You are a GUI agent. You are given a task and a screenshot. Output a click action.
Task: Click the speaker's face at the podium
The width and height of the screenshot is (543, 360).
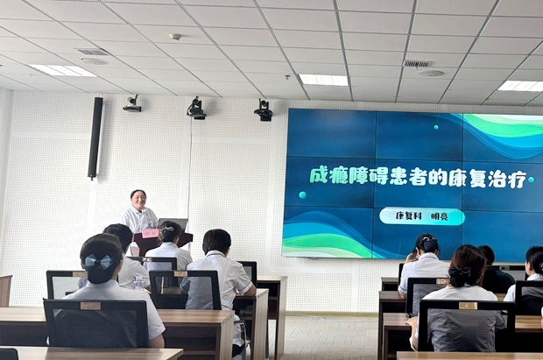coord(139,201)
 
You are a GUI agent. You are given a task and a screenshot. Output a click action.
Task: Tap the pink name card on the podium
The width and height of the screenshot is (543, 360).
coord(150,233)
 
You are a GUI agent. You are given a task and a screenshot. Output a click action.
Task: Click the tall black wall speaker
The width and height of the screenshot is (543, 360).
coord(95,138)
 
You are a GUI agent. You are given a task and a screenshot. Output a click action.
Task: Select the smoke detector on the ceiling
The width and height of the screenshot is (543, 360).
coord(175,37)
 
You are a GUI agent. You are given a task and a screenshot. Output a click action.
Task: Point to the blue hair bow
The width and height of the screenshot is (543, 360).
coord(98,262)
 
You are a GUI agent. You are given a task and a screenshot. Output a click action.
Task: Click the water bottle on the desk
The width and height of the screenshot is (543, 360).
coord(138,284)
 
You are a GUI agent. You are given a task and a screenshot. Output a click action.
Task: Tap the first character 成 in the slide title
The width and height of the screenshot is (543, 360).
coord(320,176)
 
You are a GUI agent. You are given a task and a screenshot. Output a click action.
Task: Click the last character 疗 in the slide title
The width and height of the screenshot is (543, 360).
coord(517,179)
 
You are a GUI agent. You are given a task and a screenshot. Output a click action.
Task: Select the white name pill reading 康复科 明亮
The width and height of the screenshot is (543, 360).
coord(422,216)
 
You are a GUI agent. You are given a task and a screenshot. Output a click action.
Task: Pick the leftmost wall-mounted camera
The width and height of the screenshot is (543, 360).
coord(132,103)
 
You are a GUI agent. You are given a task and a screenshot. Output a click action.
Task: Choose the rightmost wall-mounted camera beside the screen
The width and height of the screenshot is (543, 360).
coord(264,110)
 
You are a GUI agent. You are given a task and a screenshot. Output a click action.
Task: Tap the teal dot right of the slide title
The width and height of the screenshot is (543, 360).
coord(531,180)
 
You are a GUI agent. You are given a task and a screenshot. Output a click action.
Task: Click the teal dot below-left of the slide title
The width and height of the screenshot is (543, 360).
coord(302,194)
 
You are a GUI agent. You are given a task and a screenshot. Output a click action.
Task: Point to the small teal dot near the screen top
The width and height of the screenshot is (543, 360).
coord(436,127)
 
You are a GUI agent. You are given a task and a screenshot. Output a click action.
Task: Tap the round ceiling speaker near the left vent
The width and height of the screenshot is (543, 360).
coord(95,61)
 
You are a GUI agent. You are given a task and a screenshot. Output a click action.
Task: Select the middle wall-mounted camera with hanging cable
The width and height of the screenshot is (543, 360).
coord(197,109)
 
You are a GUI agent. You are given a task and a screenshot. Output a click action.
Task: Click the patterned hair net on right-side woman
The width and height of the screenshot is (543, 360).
coord(430,244)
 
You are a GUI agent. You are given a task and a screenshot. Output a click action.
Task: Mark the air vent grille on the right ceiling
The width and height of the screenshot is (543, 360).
coord(418,64)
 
